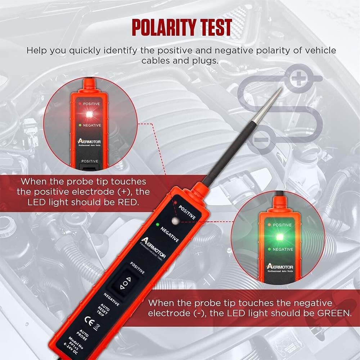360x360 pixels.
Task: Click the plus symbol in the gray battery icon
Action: pos(298,78)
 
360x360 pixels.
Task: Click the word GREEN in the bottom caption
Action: pos(332,313)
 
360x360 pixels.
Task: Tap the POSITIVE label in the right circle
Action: pos(283,225)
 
